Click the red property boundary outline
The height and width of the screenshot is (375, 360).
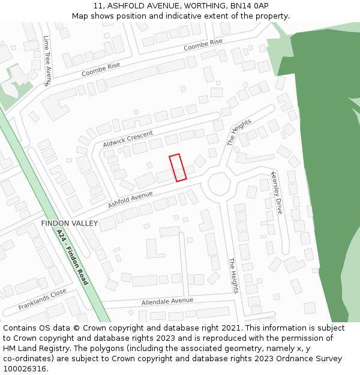tap(178, 167)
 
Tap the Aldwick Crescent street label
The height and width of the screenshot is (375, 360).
tap(128, 139)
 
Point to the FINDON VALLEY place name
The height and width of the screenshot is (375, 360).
tap(69, 223)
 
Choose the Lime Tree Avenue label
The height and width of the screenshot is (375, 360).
tap(47, 60)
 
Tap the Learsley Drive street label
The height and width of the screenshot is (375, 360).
tap(277, 192)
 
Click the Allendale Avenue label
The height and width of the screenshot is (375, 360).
tap(167, 301)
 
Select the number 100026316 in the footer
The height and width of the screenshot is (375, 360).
tap(25, 368)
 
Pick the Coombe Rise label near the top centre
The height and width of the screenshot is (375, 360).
tap(203, 44)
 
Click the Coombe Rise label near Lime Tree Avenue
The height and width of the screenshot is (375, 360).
tap(97, 70)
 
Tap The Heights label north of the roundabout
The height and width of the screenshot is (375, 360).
tap(239, 133)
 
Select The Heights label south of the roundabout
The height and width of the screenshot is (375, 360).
tap(233, 275)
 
